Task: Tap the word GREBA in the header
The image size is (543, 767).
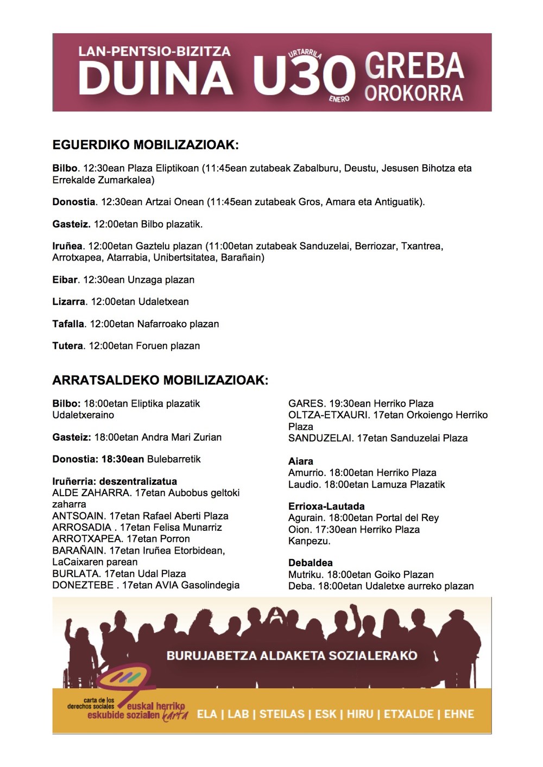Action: pos(414,66)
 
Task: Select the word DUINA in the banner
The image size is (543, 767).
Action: pos(156,78)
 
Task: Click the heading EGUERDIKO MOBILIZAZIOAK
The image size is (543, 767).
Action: pos(146,145)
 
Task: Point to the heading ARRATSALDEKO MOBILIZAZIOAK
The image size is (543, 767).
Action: pos(160,380)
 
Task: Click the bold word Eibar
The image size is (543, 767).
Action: pos(65,280)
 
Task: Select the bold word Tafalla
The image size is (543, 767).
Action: pos(68,324)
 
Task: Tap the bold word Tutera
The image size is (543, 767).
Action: pos(67,346)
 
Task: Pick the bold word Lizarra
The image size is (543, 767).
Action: pos(68,302)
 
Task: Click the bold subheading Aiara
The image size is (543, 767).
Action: pos(300,461)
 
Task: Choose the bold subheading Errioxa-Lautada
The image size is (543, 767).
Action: pos(326,506)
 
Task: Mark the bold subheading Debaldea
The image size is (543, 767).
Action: pos(310,563)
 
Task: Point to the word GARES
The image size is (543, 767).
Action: pos(306,403)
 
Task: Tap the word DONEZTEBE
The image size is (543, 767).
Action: pos(83,585)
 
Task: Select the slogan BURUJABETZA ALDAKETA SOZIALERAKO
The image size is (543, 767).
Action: pos(292,655)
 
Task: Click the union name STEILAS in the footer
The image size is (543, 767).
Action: pos(282,714)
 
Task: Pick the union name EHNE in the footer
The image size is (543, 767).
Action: pos(459,714)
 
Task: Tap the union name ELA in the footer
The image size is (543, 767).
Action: pos(207,714)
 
